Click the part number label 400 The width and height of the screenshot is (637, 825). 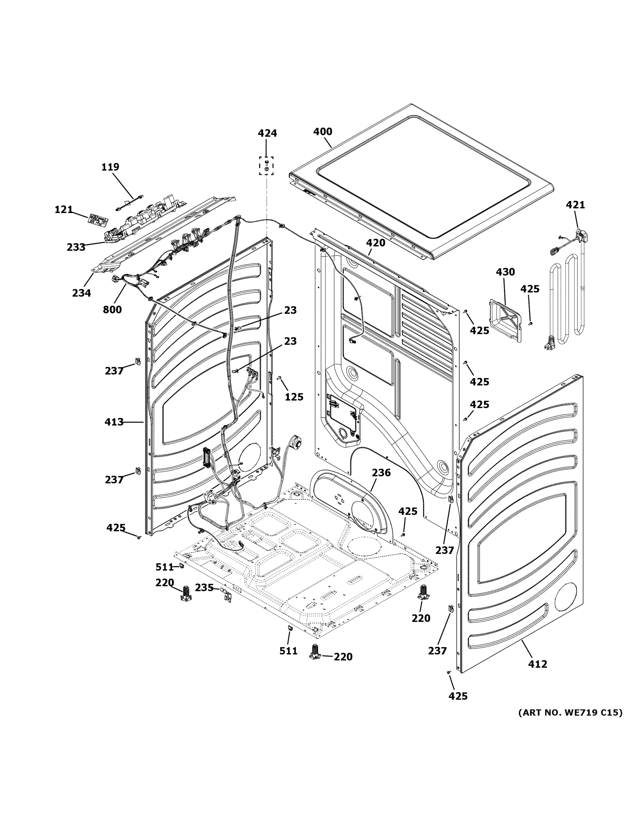(x=323, y=132)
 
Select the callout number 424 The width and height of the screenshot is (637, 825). (x=267, y=133)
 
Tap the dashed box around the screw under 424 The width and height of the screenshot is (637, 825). (x=266, y=166)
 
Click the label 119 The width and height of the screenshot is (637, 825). (x=110, y=167)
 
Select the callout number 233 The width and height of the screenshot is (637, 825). (x=76, y=247)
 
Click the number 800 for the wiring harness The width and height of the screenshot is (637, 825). (x=112, y=310)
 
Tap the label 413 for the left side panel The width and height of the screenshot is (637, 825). (x=114, y=422)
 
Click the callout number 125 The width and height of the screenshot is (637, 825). (x=294, y=397)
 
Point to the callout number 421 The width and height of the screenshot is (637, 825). (x=575, y=205)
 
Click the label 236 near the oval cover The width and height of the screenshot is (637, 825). (x=381, y=473)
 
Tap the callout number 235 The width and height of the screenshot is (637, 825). (x=204, y=588)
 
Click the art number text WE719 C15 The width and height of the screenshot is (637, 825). (x=570, y=713)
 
